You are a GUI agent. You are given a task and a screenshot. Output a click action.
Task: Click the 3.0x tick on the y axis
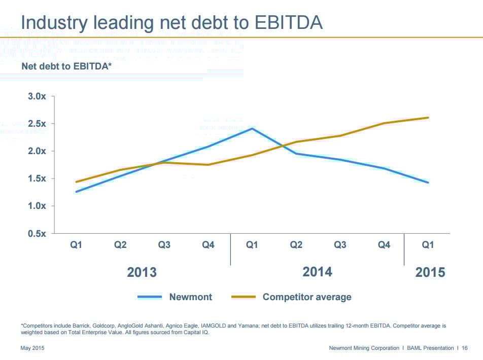pyautogui.click(x=37, y=96)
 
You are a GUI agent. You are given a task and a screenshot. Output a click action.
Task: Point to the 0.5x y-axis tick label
pyautogui.click(x=37, y=233)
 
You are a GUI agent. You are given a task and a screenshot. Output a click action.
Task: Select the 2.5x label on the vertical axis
pyautogui.click(x=37, y=124)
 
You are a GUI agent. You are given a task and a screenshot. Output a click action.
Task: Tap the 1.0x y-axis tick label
pyautogui.click(x=37, y=206)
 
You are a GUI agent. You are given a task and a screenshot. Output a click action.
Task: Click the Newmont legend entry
pyautogui.click(x=191, y=297)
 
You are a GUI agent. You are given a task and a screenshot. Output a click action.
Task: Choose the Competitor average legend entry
pyautogui.click(x=306, y=297)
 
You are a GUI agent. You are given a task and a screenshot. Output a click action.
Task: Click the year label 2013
pyautogui.click(x=142, y=272)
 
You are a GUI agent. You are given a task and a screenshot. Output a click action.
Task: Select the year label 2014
pyautogui.click(x=317, y=272)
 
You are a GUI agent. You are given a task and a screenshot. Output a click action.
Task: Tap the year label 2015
pyautogui.click(x=430, y=272)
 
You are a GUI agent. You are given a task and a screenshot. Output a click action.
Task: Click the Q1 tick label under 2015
pyautogui.click(x=428, y=245)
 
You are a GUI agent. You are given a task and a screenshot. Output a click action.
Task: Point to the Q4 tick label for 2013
pyautogui.click(x=208, y=245)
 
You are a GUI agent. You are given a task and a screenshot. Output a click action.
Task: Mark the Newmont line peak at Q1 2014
pyautogui.click(x=252, y=128)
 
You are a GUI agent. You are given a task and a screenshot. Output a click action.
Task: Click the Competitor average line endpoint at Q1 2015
pyautogui.click(x=428, y=118)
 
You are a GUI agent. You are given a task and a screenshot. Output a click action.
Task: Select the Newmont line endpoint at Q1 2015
pyautogui.click(x=428, y=183)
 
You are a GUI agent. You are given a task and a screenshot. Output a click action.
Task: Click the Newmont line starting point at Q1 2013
pyautogui.click(x=76, y=192)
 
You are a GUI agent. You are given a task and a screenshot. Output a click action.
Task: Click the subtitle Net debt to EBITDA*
pyautogui.click(x=66, y=66)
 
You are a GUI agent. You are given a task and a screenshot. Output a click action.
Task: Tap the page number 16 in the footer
pyautogui.click(x=464, y=348)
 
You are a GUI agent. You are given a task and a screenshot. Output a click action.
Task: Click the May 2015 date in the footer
pyautogui.click(x=33, y=348)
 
